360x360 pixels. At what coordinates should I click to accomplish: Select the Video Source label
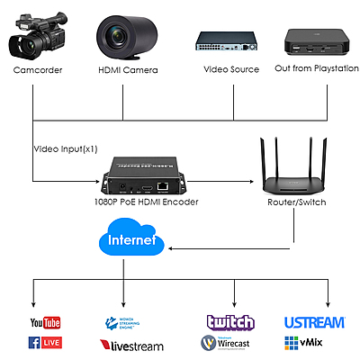230,69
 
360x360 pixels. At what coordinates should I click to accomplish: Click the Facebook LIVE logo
44,342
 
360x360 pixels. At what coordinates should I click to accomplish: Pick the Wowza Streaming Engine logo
125,321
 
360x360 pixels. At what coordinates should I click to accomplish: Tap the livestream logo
131,344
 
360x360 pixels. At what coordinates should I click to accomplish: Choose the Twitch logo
230,321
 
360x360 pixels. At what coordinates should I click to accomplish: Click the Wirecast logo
230,343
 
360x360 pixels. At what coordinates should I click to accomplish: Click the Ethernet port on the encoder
163,187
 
